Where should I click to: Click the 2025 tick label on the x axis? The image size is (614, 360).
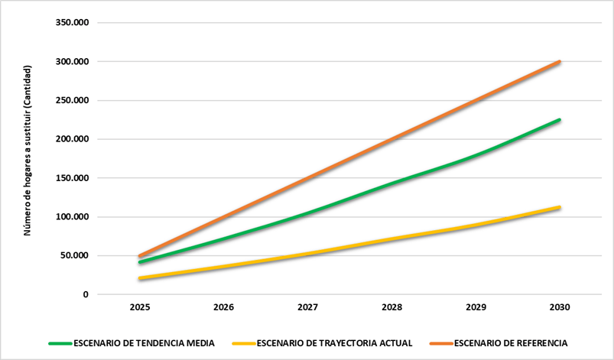(139, 307)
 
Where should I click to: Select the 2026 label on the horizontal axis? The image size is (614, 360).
(223, 307)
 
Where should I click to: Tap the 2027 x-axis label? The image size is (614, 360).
(307, 307)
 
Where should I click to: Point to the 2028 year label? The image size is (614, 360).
(391, 307)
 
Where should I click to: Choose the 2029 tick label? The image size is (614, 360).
(476, 307)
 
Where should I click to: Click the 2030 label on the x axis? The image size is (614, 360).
(560, 307)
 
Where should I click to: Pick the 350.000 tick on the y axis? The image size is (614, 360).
(73, 23)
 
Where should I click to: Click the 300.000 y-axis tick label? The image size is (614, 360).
(73, 62)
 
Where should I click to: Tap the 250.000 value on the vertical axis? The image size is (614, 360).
(73, 101)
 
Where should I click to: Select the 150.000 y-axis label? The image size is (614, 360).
(73, 178)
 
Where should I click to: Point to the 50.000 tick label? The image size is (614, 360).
(75, 256)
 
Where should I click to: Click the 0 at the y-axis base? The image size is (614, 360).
(86, 295)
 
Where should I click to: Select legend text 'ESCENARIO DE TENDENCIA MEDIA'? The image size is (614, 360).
(144, 342)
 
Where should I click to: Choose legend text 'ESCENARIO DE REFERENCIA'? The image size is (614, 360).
(511, 342)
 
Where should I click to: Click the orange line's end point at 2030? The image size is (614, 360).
(560, 62)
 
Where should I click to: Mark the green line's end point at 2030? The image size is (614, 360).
(560, 120)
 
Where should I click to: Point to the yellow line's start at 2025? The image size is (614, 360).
(139, 278)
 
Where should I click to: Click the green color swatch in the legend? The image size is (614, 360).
(60, 342)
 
